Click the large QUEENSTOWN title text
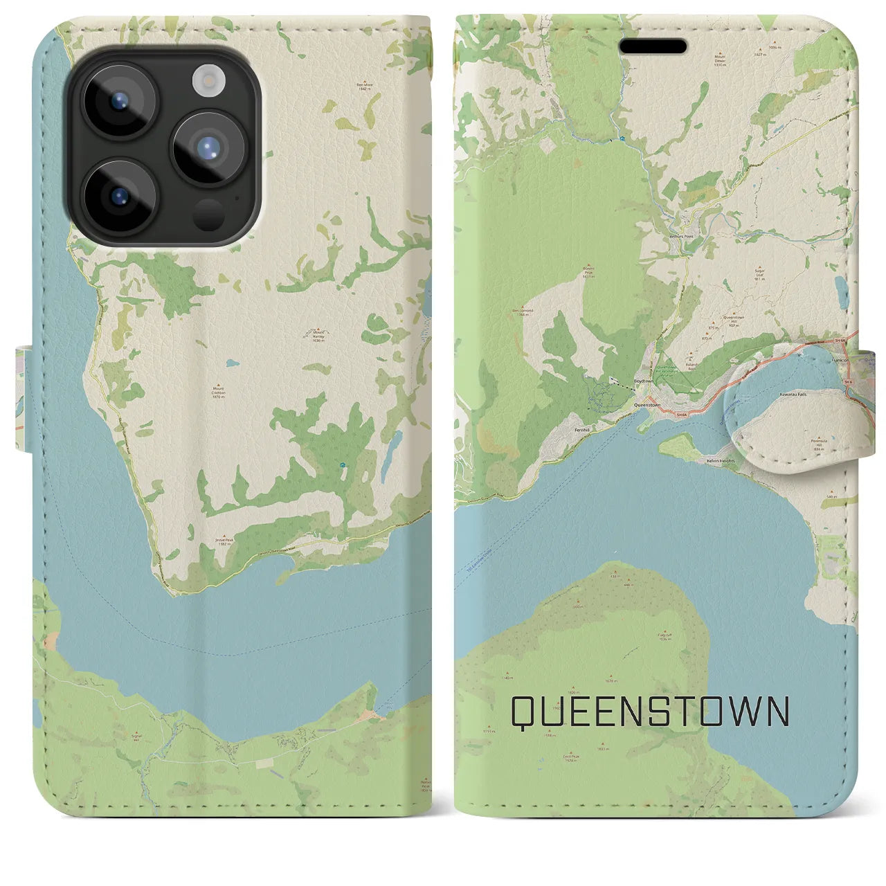650,712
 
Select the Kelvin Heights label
720,460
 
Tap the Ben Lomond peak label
523,311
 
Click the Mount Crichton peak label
219,391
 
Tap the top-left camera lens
118,101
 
